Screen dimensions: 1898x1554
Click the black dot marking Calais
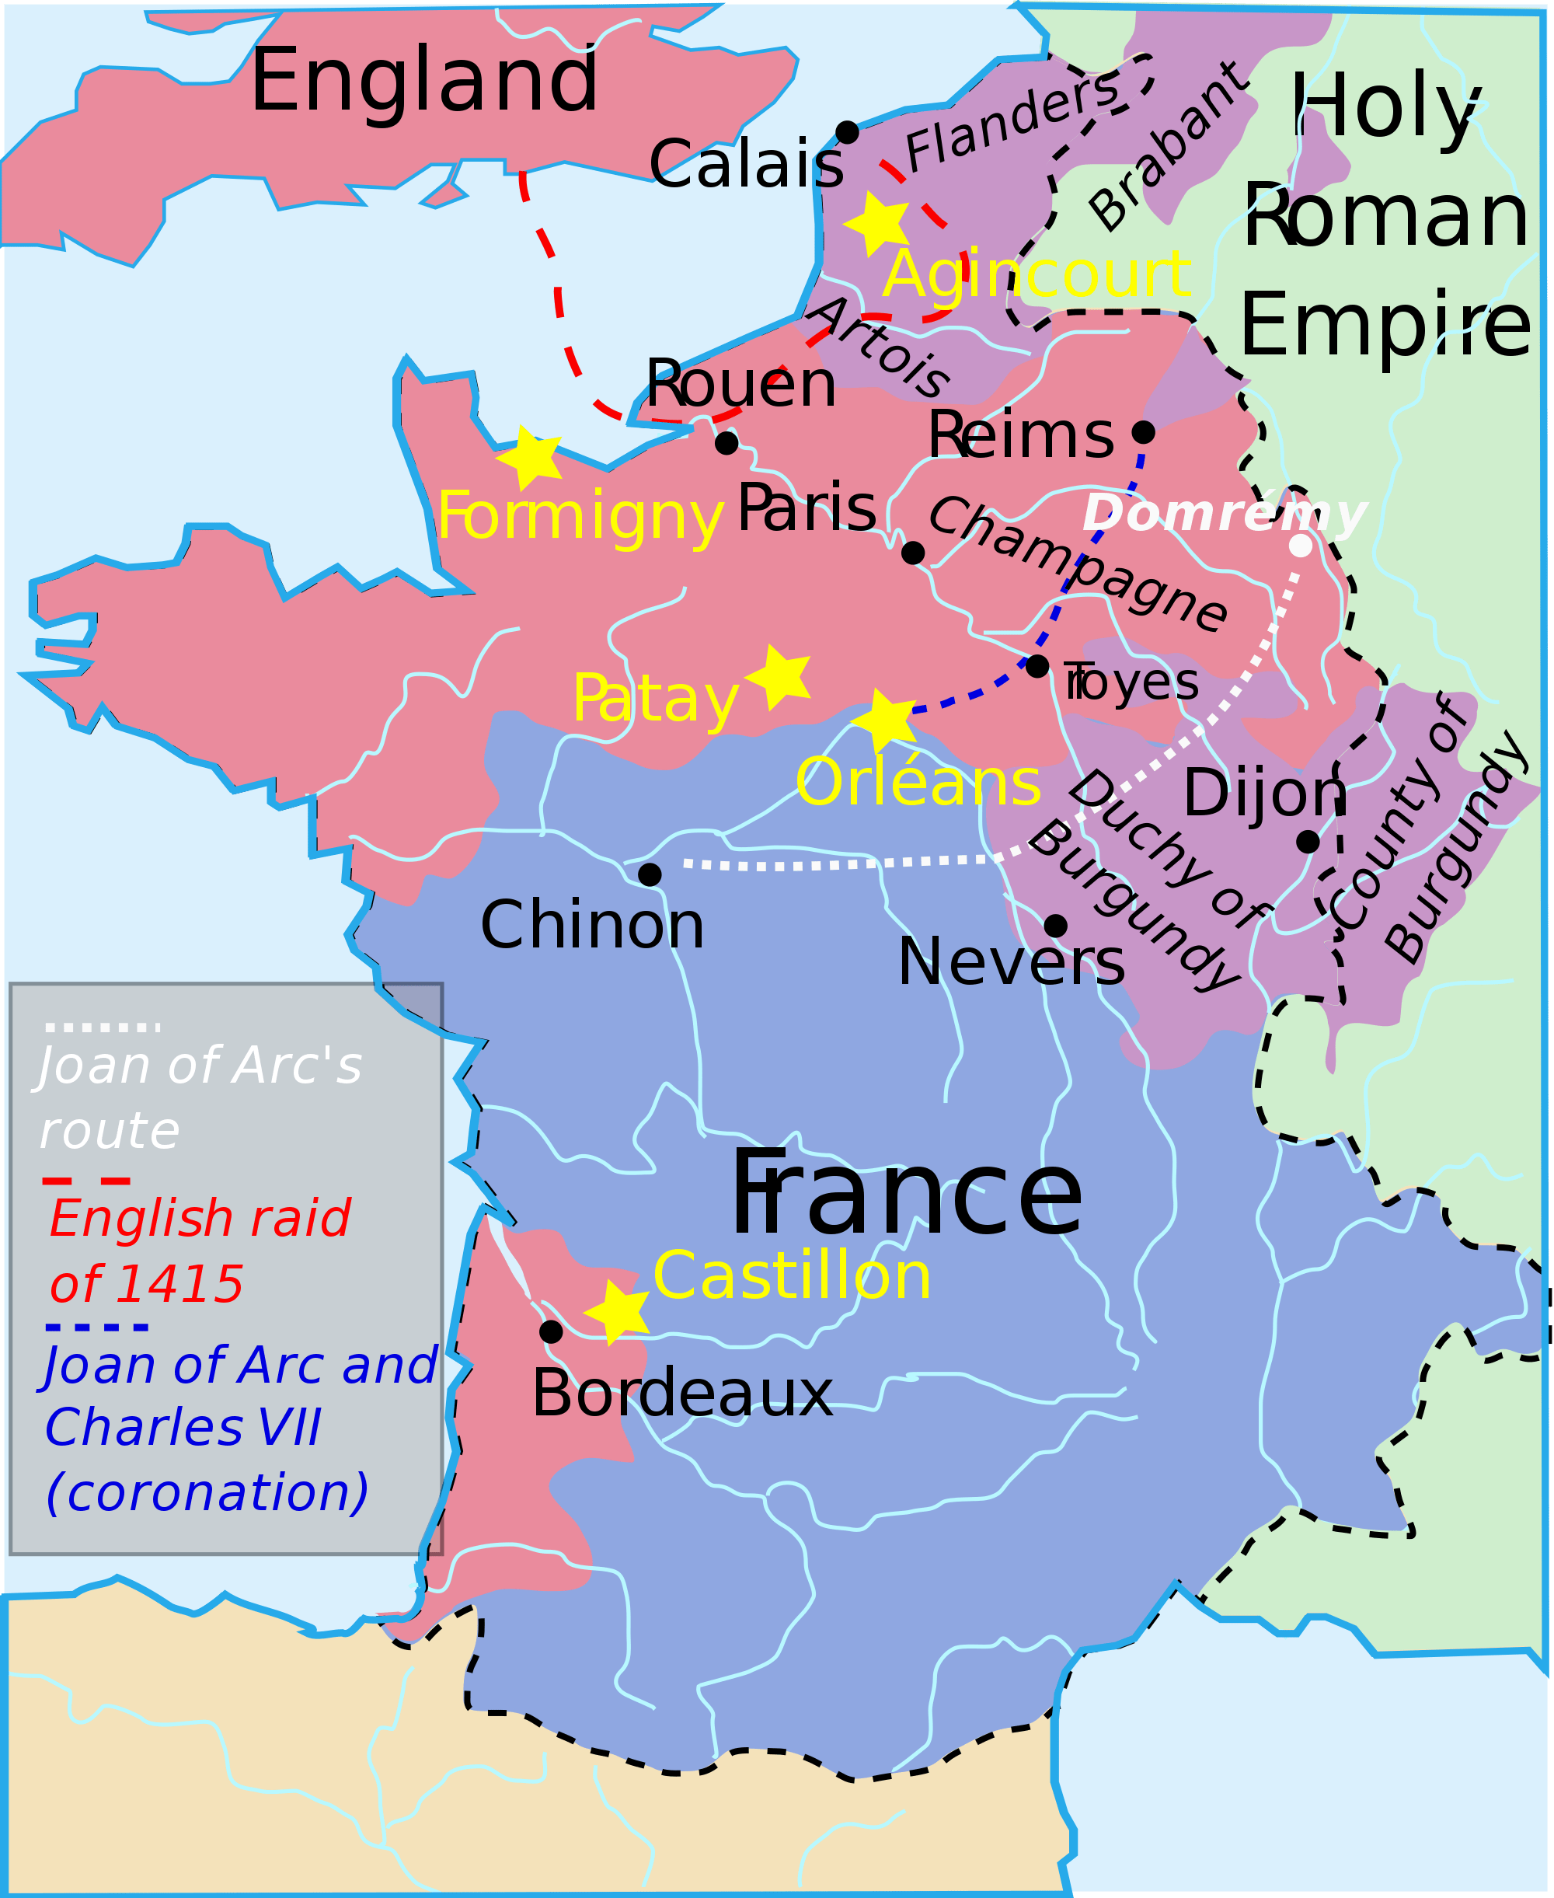click(x=847, y=132)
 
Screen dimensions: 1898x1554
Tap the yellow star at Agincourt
click(x=876, y=224)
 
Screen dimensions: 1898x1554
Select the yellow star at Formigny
click(x=531, y=458)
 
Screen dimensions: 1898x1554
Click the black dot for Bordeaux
click(x=552, y=1331)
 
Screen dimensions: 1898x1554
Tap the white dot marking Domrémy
click(x=1301, y=545)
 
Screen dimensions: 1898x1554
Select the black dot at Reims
click(x=1143, y=432)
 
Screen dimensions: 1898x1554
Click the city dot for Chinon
click(x=650, y=874)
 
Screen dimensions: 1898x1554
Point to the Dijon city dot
click(x=1308, y=842)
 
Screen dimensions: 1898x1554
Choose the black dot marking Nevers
click(x=1055, y=926)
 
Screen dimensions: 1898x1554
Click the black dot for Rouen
click(x=726, y=442)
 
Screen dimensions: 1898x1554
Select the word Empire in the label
click(x=1385, y=324)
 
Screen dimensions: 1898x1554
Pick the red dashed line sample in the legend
click(x=86, y=1181)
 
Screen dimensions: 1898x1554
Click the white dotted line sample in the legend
click(x=102, y=1027)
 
